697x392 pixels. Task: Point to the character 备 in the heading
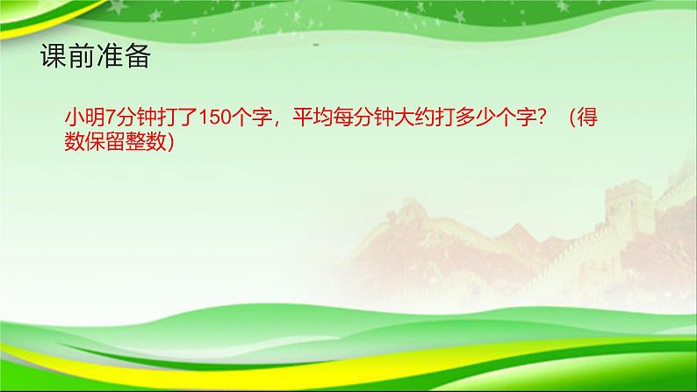tap(138, 57)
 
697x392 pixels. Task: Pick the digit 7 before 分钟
tap(111, 118)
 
